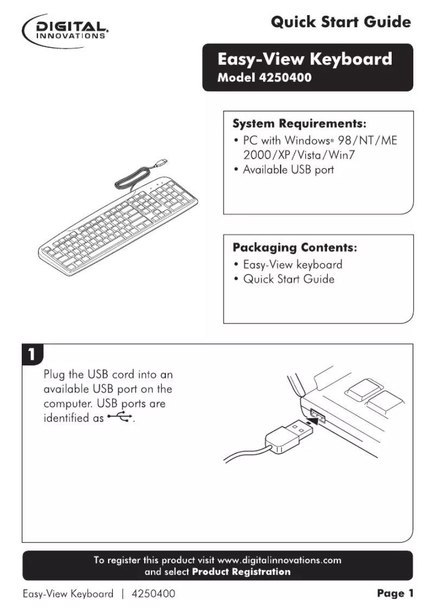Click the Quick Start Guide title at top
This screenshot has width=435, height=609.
(x=340, y=22)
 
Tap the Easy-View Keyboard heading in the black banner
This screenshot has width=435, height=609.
(x=304, y=59)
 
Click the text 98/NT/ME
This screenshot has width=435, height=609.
(x=368, y=140)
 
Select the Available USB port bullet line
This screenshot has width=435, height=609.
(x=287, y=170)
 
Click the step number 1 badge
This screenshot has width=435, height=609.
(x=32, y=354)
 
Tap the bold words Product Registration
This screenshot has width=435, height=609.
(x=241, y=572)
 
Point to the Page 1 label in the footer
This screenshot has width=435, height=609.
(x=395, y=594)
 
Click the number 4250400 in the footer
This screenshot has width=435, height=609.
(x=154, y=594)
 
